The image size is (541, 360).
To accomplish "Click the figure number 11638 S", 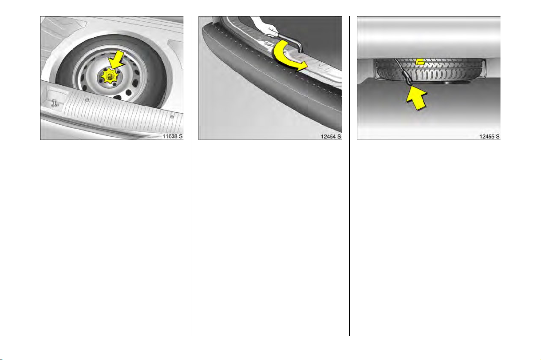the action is point(173,136).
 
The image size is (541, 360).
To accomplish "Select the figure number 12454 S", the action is point(331,137).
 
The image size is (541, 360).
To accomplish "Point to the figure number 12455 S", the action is point(490,137).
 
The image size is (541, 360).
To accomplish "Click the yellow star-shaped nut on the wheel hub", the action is point(110,76).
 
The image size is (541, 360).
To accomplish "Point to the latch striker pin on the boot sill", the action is point(55,103).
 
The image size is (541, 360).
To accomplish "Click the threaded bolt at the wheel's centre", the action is point(110,76).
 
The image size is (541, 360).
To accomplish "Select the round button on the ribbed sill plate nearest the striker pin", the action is point(87,100).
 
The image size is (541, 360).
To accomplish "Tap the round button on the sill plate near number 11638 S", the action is point(172,117).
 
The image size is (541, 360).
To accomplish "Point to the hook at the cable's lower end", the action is point(410,83).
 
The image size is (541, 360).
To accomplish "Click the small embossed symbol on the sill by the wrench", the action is point(267,44).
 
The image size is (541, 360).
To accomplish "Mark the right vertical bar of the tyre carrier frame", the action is point(484,68).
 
